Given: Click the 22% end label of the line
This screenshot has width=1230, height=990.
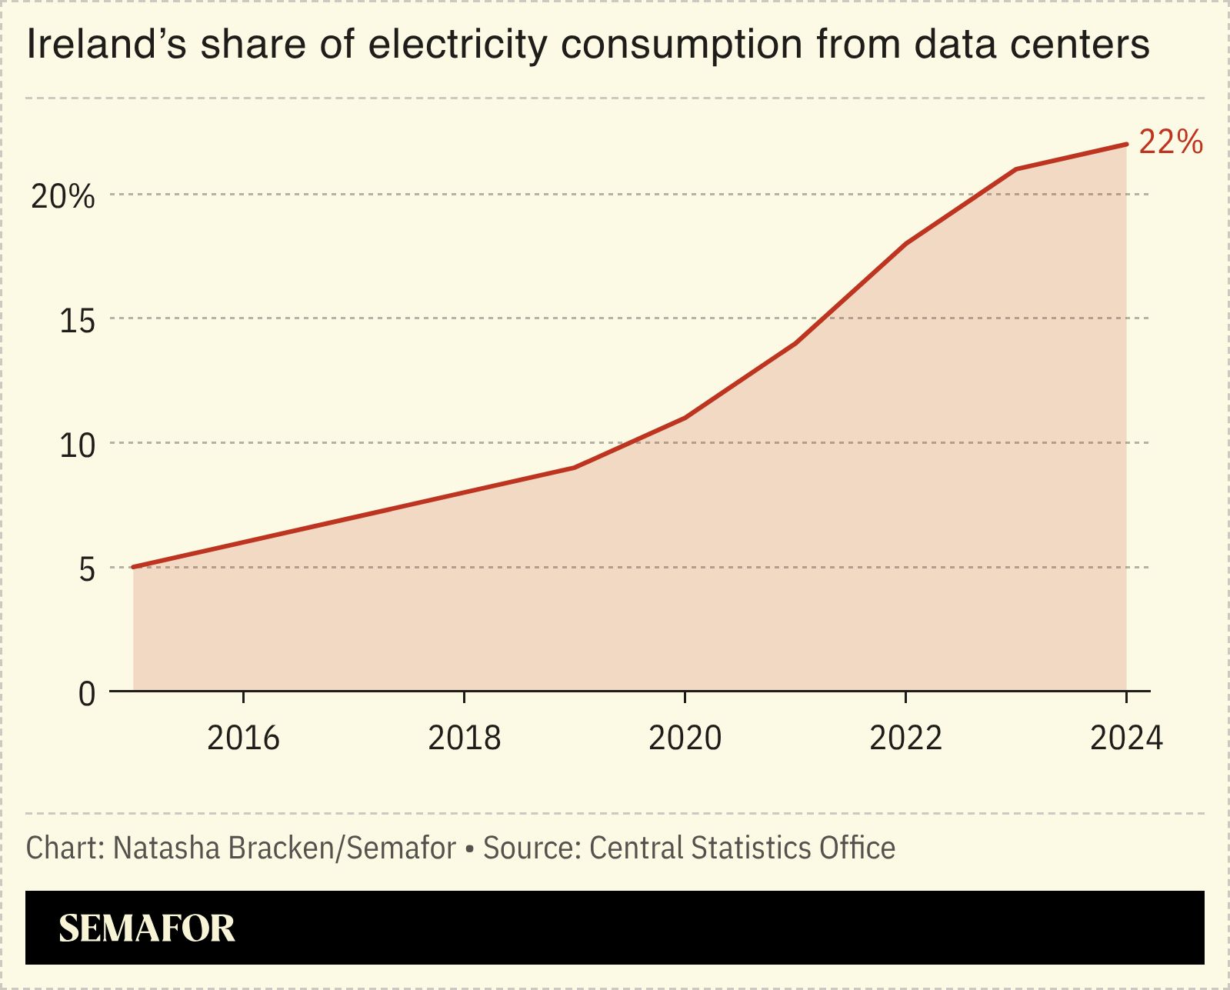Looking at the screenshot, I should [x=1170, y=142].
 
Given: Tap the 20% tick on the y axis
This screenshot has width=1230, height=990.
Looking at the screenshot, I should [x=62, y=197].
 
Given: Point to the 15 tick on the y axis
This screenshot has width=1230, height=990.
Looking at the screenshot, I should [x=77, y=321].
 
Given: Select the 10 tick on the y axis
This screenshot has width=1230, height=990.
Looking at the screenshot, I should [x=77, y=445].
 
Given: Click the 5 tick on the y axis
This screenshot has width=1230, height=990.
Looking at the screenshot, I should [x=86, y=570].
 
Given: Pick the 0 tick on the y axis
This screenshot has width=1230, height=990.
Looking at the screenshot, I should [x=86, y=694].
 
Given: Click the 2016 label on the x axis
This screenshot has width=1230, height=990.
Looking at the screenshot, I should [x=243, y=738].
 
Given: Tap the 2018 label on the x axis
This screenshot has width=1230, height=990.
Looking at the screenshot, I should [x=464, y=738].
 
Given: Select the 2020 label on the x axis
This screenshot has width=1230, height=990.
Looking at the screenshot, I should [x=685, y=738].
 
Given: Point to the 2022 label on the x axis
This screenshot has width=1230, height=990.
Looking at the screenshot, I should [x=905, y=738].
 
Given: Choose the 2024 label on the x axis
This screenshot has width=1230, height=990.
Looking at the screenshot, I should [x=1126, y=738].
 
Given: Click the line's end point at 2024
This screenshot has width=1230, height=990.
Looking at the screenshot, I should [x=1126, y=144].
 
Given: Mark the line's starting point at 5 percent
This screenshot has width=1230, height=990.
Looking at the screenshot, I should [x=134, y=567].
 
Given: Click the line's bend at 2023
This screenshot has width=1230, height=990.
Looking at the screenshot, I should [x=1016, y=169].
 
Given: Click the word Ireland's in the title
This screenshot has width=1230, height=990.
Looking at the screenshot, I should [x=106, y=45].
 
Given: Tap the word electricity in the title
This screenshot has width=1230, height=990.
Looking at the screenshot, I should [x=458, y=45].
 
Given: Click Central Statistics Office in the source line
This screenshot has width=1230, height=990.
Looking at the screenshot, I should [x=742, y=848].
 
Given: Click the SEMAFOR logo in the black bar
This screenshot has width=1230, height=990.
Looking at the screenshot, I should [x=146, y=928].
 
